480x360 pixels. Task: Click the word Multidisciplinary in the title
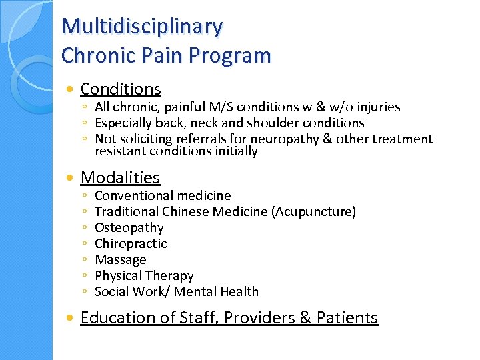(x=142, y=27)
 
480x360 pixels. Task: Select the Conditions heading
(x=121, y=89)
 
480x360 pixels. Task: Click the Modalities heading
(x=120, y=177)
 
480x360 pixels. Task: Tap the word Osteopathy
(x=129, y=227)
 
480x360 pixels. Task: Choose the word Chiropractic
(x=131, y=243)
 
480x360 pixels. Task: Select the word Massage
(x=121, y=259)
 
